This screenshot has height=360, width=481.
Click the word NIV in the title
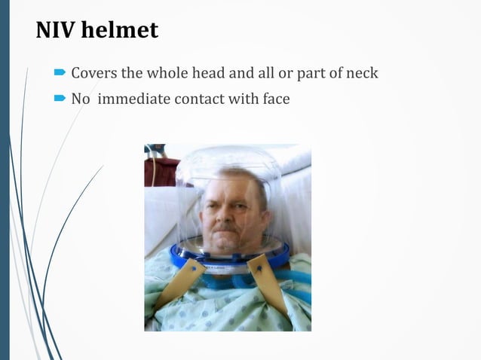(54, 30)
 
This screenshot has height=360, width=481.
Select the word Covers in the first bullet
(93, 74)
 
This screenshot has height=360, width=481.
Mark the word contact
(198, 98)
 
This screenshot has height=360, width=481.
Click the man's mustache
(226, 226)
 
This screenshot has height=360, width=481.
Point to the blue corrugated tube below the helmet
(226, 285)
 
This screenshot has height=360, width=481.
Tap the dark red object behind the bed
(161, 170)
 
